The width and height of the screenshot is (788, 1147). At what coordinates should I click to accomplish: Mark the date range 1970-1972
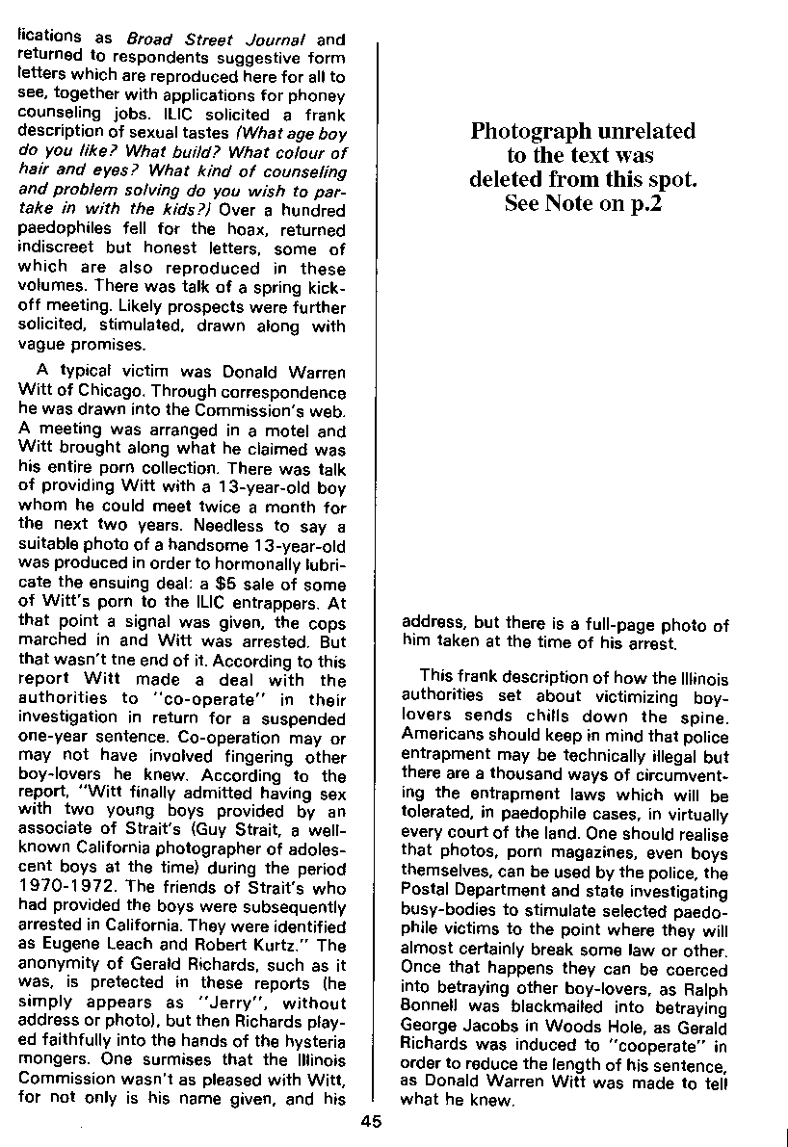click(x=60, y=884)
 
